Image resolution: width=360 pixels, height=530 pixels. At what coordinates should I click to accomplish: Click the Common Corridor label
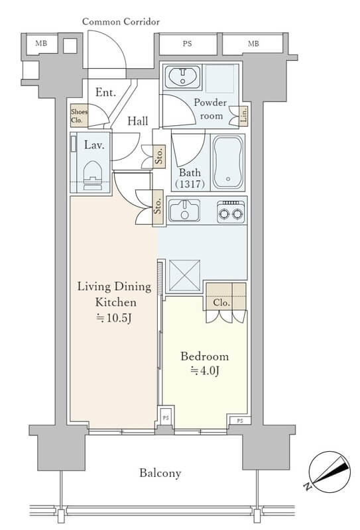pos(121,22)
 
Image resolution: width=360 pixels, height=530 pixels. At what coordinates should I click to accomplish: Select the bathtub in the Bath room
pos(228,162)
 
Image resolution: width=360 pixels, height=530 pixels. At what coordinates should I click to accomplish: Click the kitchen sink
pos(184,210)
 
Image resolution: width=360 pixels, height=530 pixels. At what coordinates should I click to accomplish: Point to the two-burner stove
pos(231,212)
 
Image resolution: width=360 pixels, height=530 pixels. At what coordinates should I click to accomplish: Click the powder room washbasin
pos(183,77)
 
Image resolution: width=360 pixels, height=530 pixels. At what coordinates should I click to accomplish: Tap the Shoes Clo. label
pos(79,115)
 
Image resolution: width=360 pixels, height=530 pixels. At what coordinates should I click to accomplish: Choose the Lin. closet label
pos(243,115)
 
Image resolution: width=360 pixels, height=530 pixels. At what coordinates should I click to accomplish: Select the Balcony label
pos(160,473)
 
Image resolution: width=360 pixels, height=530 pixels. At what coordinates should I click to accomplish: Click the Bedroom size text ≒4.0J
pos(205,371)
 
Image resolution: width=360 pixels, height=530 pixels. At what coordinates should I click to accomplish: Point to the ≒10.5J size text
pos(113,318)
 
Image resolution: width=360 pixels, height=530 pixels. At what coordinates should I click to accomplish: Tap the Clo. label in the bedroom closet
pos(221,303)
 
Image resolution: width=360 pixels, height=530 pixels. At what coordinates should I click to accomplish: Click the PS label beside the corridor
pos(187,44)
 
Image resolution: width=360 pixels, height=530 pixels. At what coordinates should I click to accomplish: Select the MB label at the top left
pos(41,43)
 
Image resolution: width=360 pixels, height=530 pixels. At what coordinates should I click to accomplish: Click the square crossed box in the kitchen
pos(184,276)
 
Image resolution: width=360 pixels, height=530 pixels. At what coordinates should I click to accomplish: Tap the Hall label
pos(138,121)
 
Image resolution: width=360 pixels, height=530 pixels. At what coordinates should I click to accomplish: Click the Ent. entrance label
pos(105,92)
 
